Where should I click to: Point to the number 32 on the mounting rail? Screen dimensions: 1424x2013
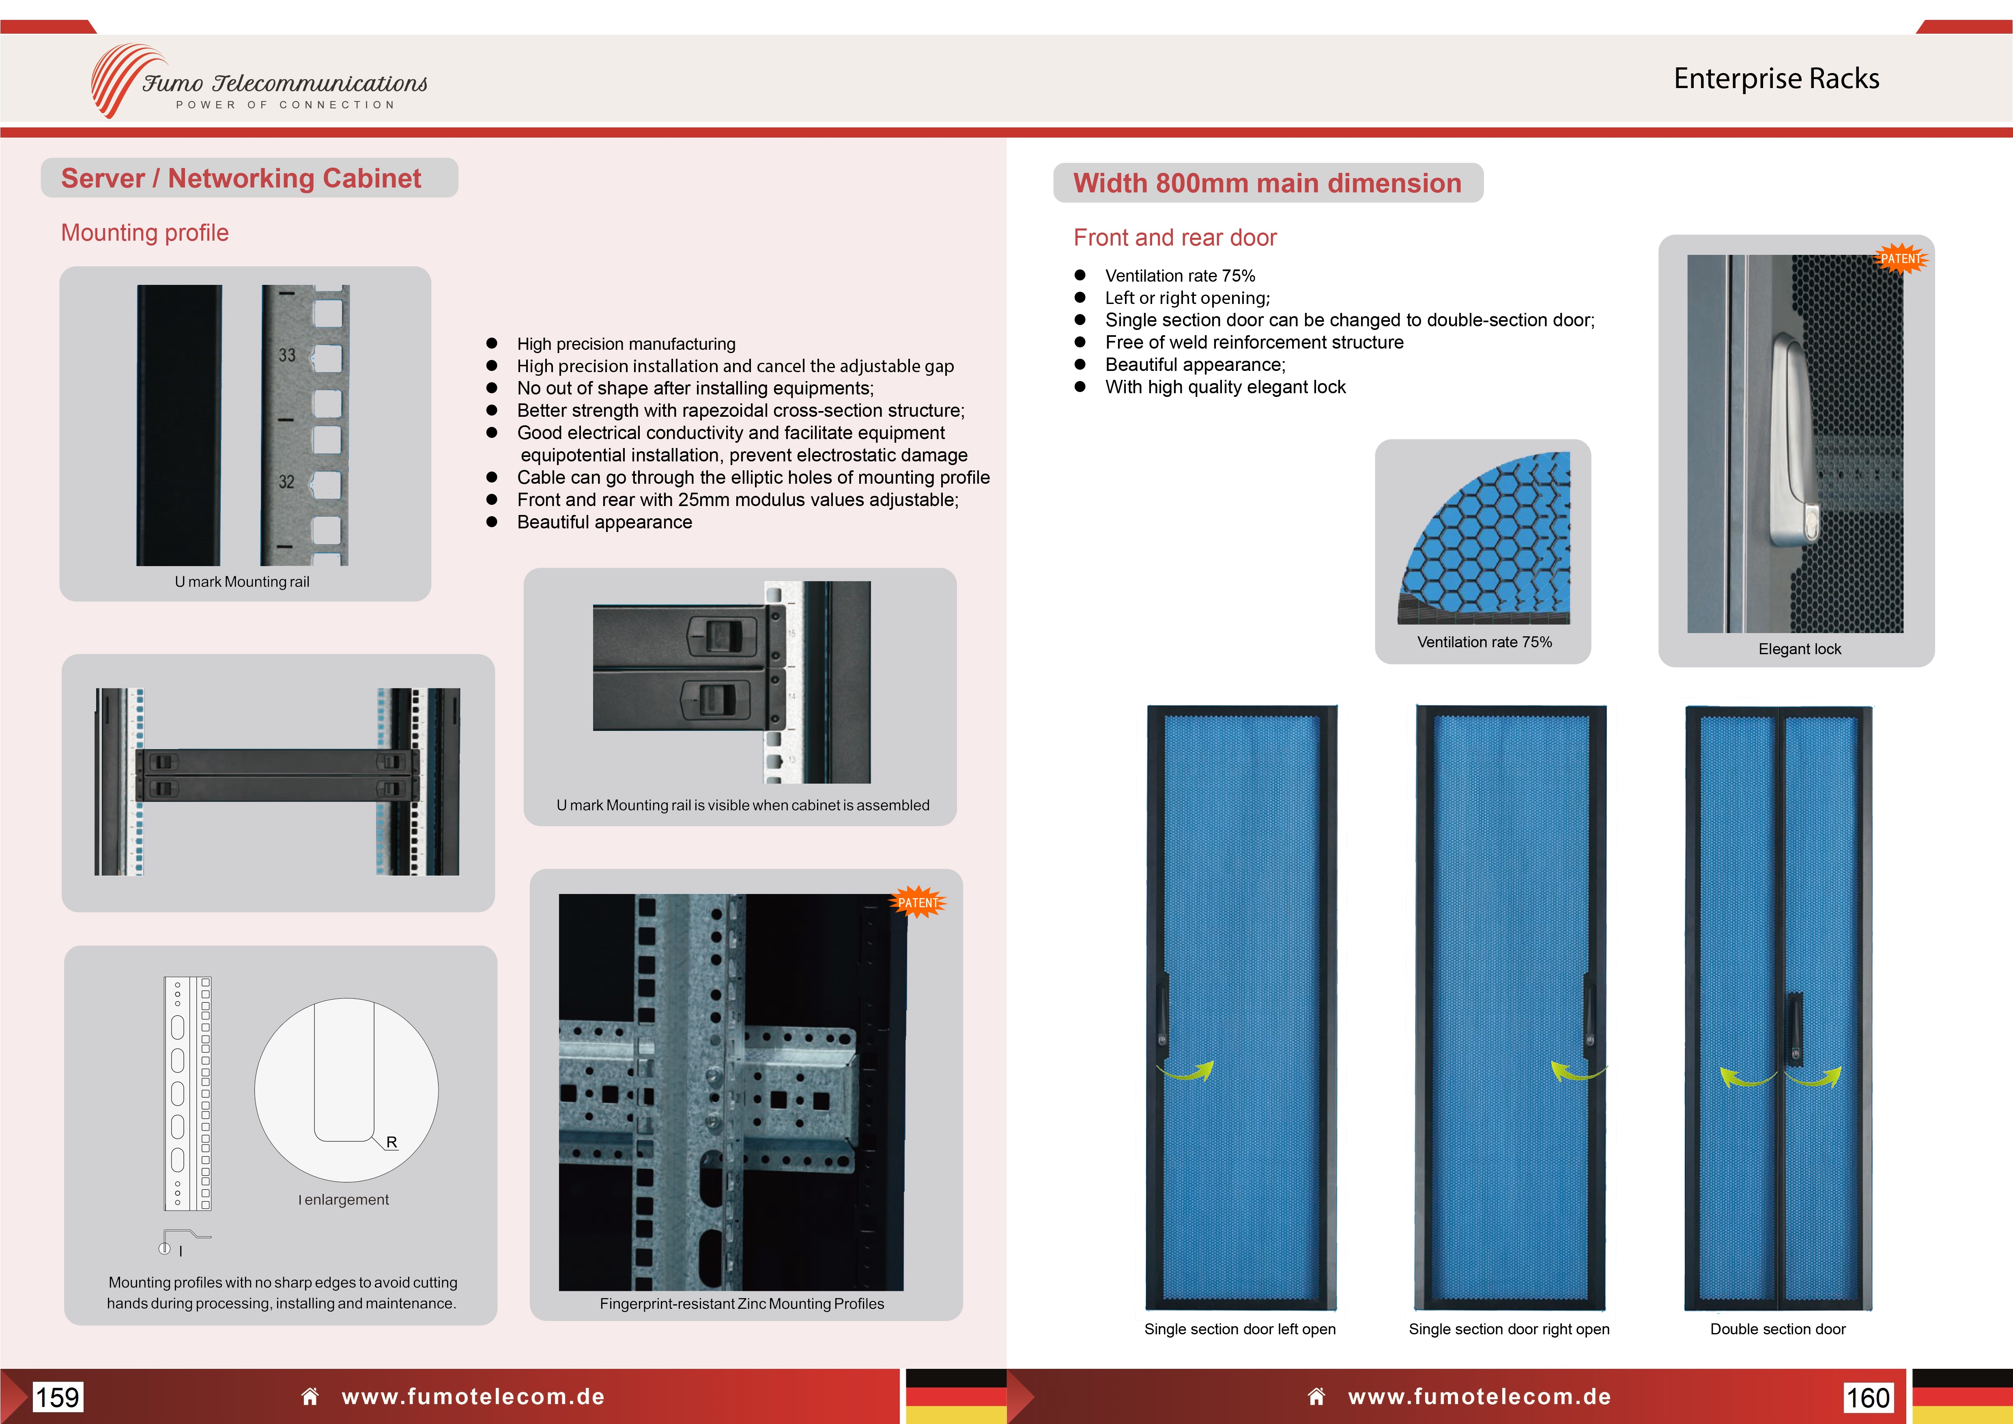coord(287,481)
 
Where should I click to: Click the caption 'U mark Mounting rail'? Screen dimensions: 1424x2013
coord(242,582)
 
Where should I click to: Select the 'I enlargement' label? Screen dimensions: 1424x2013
coord(344,1200)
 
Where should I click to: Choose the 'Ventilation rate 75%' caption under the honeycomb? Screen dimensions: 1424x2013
coord(1484,642)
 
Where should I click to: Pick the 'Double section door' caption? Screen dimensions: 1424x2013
coord(1777,1328)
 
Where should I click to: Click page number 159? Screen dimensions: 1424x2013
coord(58,1397)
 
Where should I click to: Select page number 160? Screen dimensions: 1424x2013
coord(1867,1397)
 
